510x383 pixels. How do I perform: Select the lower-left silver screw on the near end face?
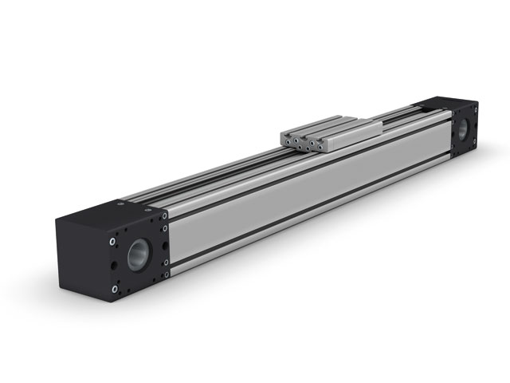[x=115, y=288]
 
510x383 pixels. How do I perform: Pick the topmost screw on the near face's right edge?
[x=165, y=215]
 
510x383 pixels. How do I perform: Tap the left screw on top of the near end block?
[x=120, y=203]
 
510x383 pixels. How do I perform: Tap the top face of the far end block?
[x=446, y=105]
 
